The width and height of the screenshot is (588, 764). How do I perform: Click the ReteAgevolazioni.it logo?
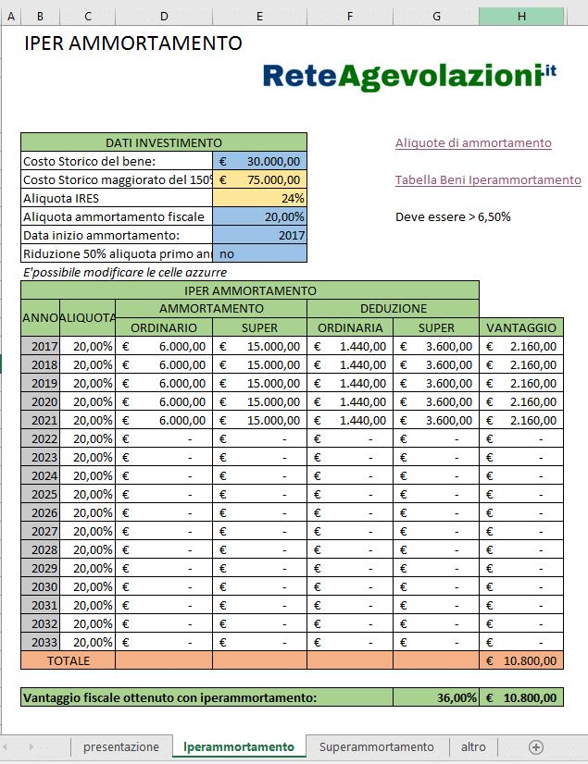pyautogui.click(x=408, y=76)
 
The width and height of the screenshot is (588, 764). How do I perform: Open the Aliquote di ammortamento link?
pyautogui.click(x=473, y=142)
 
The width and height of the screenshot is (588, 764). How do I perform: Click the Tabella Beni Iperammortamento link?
pyautogui.click(x=488, y=180)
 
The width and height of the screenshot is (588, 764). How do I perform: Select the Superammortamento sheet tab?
pyautogui.click(x=376, y=746)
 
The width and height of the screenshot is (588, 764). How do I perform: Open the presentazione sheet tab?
pyautogui.click(x=121, y=746)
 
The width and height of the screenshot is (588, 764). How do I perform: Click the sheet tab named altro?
pyautogui.click(x=473, y=746)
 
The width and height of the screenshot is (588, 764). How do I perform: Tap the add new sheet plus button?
pyautogui.click(x=535, y=746)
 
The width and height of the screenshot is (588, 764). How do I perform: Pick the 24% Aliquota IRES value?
pyautogui.click(x=259, y=198)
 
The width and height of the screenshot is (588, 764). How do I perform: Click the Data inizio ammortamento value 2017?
pyautogui.click(x=259, y=235)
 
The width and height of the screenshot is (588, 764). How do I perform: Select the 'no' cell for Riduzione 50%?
pyautogui.click(x=259, y=253)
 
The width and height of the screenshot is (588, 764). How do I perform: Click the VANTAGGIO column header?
pyautogui.click(x=521, y=327)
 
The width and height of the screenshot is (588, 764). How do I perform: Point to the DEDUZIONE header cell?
pyautogui.click(x=393, y=308)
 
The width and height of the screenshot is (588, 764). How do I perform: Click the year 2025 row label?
pyautogui.click(x=44, y=494)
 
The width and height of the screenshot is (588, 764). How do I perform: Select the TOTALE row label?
pyautogui.click(x=69, y=660)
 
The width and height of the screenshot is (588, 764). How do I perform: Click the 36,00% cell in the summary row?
pyautogui.click(x=436, y=697)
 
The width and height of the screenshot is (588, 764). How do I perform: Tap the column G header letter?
pyautogui.click(x=436, y=17)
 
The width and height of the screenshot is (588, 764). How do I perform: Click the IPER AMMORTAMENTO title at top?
pyautogui.click(x=133, y=43)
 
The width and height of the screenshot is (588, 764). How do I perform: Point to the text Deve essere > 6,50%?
pyautogui.click(x=453, y=217)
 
